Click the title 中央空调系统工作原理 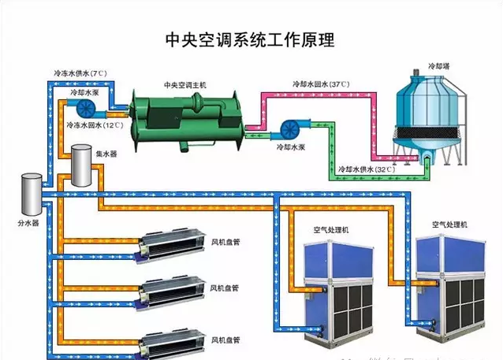point(250,39)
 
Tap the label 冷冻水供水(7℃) point(80,72)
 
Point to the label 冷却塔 point(438,67)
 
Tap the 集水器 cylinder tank point(80,166)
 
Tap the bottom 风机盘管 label point(225,340)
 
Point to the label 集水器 point(106,154)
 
